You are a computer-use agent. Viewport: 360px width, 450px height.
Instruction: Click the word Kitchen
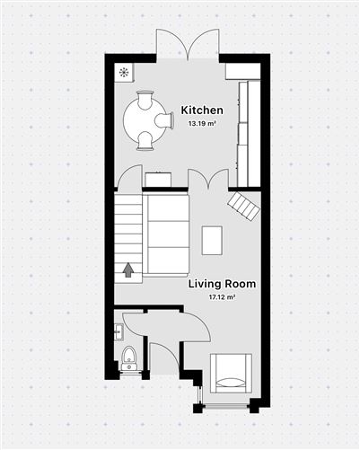pos(202,110)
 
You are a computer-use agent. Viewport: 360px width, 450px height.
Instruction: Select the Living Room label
pos(222,284)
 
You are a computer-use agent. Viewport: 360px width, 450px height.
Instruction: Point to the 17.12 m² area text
pos(222,296)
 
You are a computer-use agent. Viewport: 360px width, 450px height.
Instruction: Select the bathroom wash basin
pos(119,332)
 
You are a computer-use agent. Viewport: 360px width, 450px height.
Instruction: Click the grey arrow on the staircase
pos(128,268)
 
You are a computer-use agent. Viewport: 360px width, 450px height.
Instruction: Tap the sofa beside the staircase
pos(167,235)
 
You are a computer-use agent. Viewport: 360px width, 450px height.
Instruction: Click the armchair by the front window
pos(231,371)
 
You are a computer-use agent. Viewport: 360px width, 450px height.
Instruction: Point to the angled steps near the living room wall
pos(244,206)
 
